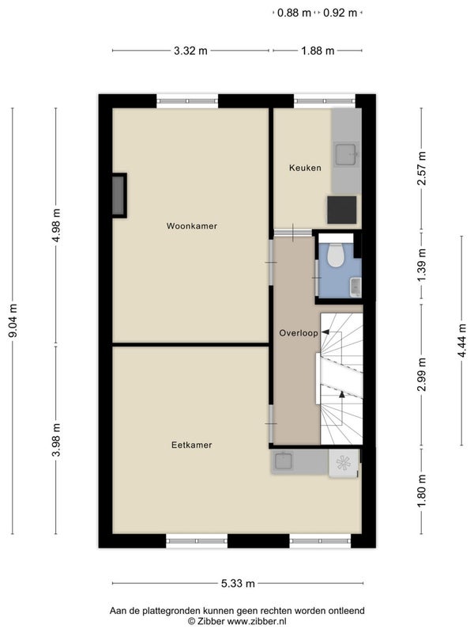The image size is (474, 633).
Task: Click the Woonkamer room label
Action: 192,226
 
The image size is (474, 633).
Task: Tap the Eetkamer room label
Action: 192,445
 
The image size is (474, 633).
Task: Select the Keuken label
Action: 305,168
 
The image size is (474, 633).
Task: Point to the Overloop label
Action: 299,333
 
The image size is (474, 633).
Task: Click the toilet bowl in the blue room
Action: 335,255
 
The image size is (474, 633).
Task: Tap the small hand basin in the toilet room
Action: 355,287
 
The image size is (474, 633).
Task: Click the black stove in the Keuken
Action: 342,210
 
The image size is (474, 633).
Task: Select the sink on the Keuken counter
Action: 346,154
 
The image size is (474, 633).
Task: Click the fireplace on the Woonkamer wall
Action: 119,195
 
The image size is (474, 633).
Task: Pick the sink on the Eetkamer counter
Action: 284,461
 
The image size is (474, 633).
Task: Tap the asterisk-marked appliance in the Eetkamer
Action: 344,464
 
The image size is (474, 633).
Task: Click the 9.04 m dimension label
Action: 13,321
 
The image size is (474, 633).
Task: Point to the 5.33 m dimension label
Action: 238,583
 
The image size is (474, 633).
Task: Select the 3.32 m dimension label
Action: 190,51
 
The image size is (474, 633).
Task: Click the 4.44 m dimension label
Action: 462,341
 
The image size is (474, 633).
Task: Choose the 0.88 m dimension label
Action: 294,13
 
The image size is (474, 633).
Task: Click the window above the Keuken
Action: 325,101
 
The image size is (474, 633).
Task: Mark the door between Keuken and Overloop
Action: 293,233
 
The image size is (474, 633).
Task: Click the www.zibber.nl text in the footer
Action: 257,621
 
